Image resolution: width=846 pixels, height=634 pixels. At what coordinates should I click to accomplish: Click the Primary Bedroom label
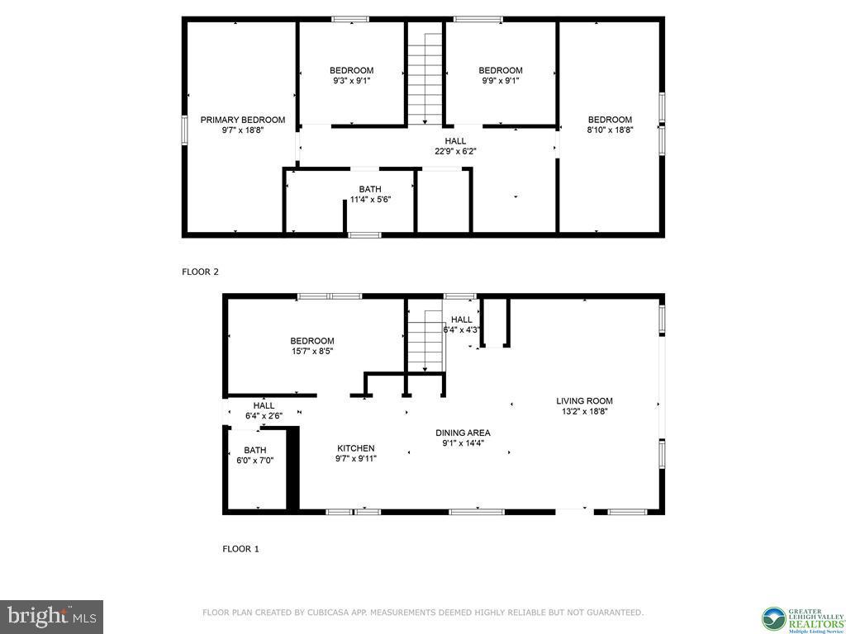243,120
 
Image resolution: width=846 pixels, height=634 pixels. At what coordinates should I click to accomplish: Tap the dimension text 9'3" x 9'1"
352,81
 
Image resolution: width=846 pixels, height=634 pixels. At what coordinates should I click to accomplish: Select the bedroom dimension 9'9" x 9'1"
501,81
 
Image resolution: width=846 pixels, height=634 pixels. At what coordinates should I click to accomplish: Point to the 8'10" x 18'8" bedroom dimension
610,130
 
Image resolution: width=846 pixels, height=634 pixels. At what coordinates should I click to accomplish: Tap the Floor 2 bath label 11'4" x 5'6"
370,199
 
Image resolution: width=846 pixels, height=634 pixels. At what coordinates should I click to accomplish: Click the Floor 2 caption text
200,272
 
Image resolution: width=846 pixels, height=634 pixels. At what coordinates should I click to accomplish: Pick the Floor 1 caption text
240,548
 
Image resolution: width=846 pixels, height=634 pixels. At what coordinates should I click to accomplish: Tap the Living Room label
584,401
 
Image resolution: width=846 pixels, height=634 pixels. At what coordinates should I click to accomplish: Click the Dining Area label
463,433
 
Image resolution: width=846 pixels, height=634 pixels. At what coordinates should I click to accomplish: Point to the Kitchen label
355,448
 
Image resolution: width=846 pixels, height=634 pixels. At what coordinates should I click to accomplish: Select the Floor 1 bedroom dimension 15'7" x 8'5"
312,352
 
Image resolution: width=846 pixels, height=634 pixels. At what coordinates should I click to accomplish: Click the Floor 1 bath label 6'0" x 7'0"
254,461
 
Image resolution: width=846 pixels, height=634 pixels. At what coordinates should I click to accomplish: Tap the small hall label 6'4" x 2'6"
264,416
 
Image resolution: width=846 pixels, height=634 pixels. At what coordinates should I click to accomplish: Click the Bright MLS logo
51,616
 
